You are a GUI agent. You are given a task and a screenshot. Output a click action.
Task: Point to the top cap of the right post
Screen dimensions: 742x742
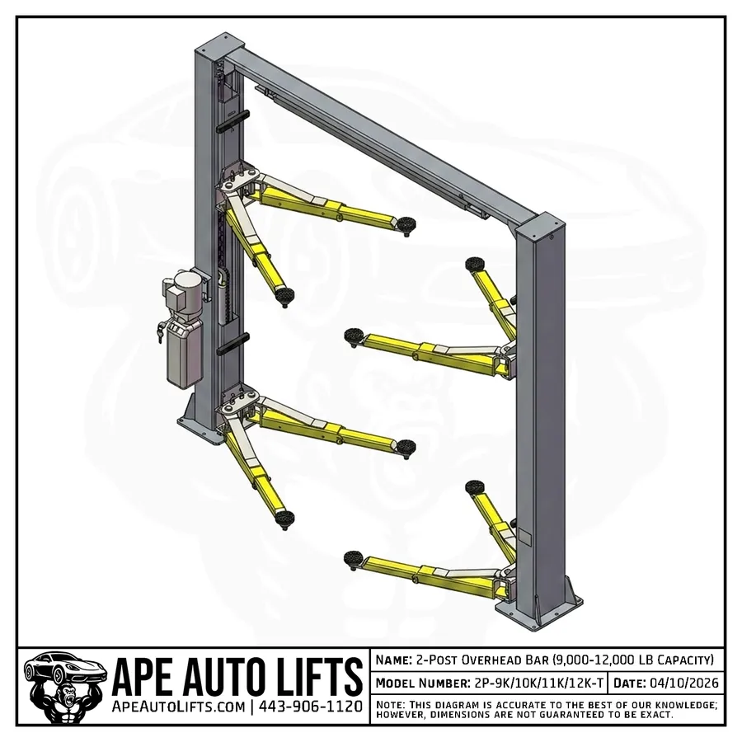(545, 226)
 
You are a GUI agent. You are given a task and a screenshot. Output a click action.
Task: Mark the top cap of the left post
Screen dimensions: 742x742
(216, 40)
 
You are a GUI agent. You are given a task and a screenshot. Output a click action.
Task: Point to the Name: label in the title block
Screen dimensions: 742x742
(395, 660)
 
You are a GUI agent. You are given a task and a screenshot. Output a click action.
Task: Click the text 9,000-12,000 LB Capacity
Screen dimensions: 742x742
(630, 660)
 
